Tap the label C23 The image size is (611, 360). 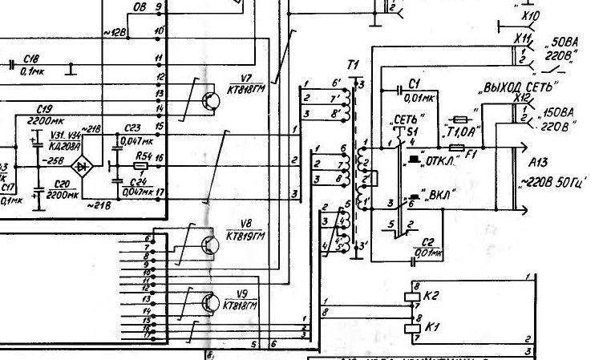[x=132, y=127]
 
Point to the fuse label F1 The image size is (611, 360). [x=471, y=153]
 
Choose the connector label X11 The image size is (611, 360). [x=522, y=37]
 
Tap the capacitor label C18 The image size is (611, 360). [x=32, y=59]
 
